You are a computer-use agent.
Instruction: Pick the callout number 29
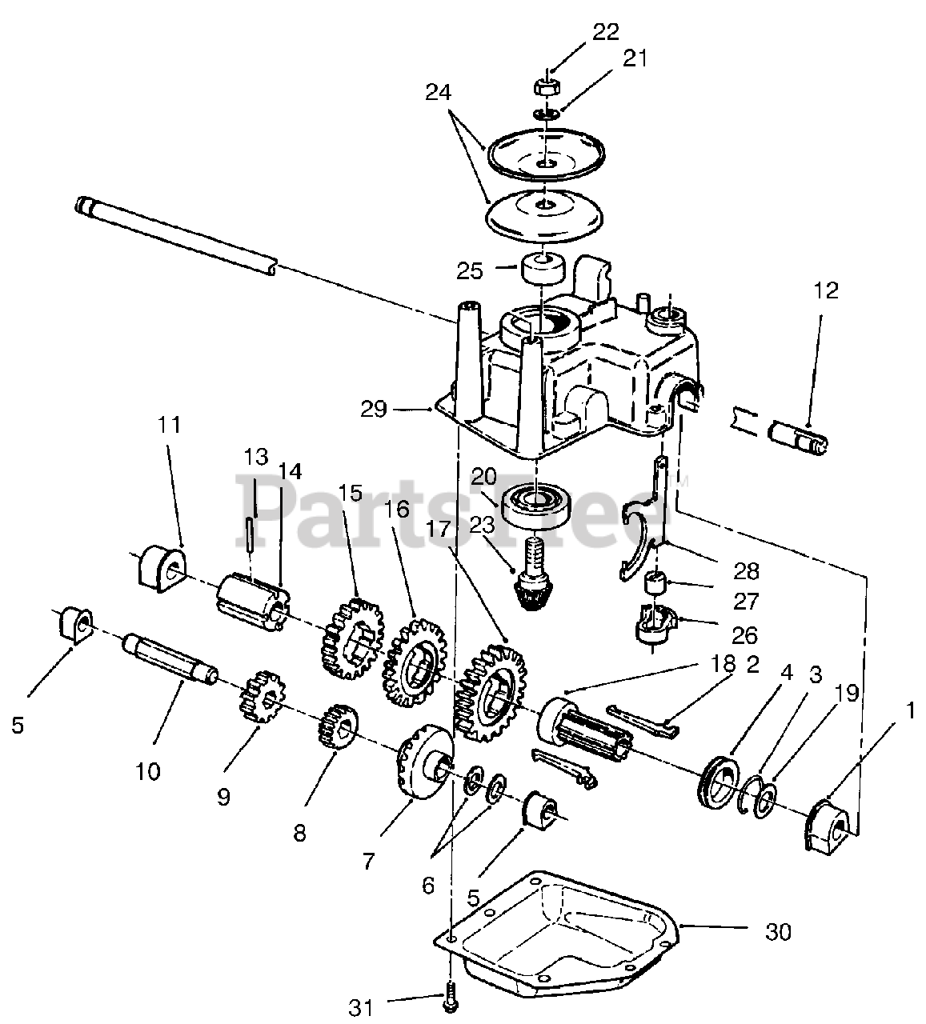374,410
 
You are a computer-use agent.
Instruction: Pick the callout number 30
778,932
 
